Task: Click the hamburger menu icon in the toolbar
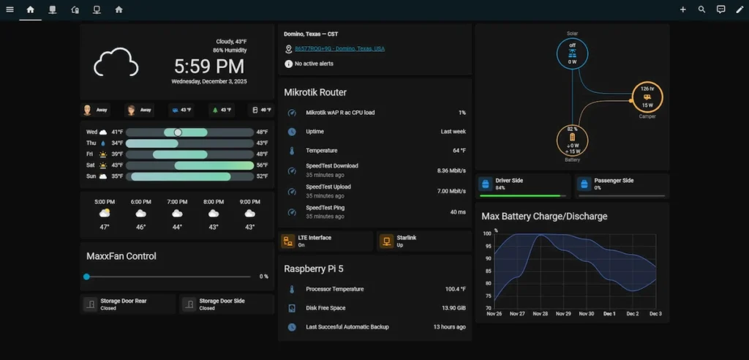pyautogui.click(x=10, y=10)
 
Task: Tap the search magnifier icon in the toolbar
pyautogui.click(x=701, y=10)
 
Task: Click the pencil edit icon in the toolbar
pyautogui.click(x=739, y=10)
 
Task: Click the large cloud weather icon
pyautogui.click(x=116, y=62)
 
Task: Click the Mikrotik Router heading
pyautogui.click(x=315, y=93)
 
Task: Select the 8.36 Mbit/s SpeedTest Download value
pyautogui.click(x=451, y=170)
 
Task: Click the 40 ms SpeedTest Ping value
pyautogui.click(x=458, y=211)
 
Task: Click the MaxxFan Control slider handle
pyautogui.click(x=86, y=277)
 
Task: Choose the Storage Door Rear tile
pyautogui.click(x=128, y=304)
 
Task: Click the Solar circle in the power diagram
pyautogui.click(x=572, y=53)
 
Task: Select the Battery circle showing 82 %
pyautogui.click(x=572, y=138)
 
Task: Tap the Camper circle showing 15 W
pyautogui.click(x=647, y=96)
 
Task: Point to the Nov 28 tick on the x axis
pyautogui.click(x=540, y=314)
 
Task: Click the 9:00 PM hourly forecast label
pyautogui.click(x=249, y=201)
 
